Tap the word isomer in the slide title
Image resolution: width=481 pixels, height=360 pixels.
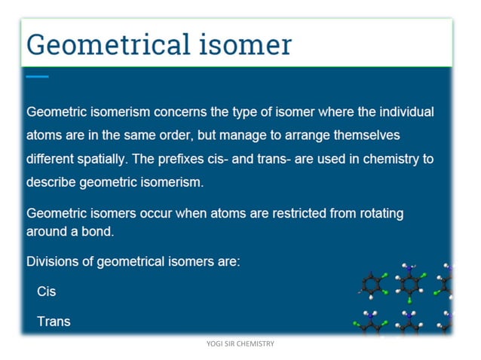[244, 44]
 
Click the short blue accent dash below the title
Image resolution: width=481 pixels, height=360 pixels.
[37, 76]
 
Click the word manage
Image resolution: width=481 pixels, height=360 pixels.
[226, 136]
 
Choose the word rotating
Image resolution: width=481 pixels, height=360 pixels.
[378, 214]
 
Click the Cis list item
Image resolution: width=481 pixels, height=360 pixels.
[47, 291]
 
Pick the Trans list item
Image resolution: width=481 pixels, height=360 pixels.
[54, 322]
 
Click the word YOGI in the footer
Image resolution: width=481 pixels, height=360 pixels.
[214, 344]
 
